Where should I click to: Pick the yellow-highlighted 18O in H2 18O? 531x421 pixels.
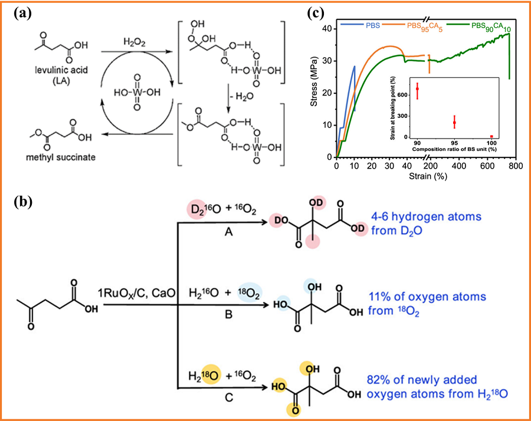[x=212, y=374]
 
